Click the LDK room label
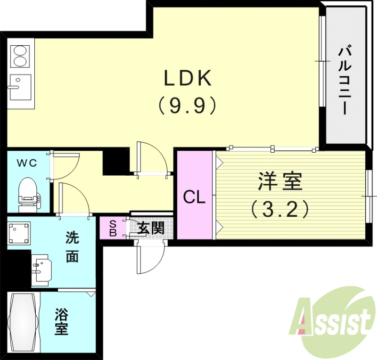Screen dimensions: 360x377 (x=187, y=78)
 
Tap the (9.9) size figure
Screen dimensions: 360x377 (x=187, y=106)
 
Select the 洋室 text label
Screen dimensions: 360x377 (x=280, y=181)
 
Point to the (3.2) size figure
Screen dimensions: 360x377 (x=280, y=208)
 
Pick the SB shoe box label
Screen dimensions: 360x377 (x=113, y=228)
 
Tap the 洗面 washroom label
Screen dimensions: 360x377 (x=72, y=247)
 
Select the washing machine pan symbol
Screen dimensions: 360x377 (x=19, y=233)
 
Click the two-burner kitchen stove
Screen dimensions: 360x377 (x=19, y=55)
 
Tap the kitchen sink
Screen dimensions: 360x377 (x=19, y=86)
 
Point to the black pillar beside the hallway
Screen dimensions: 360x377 (x=116, y=161)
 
